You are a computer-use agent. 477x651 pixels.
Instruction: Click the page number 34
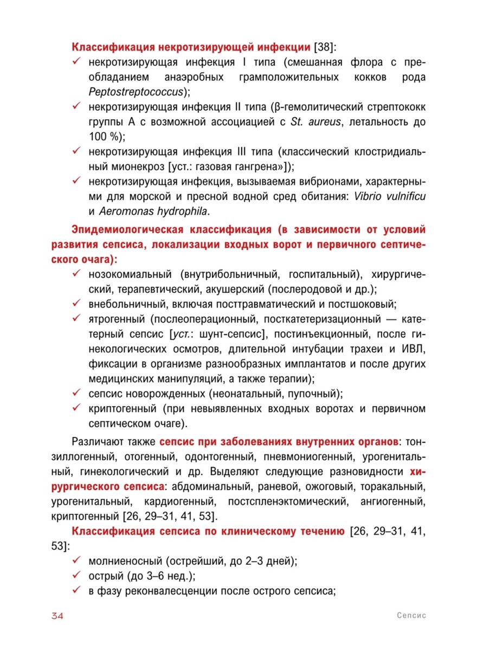pos(57,616)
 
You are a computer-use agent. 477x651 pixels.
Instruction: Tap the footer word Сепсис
pos(411,616)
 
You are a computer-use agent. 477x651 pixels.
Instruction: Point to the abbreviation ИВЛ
pos(414,347)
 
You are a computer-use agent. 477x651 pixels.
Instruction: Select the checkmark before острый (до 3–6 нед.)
pos(78,575)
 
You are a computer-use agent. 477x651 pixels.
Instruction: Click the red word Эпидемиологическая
pos(133,230)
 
